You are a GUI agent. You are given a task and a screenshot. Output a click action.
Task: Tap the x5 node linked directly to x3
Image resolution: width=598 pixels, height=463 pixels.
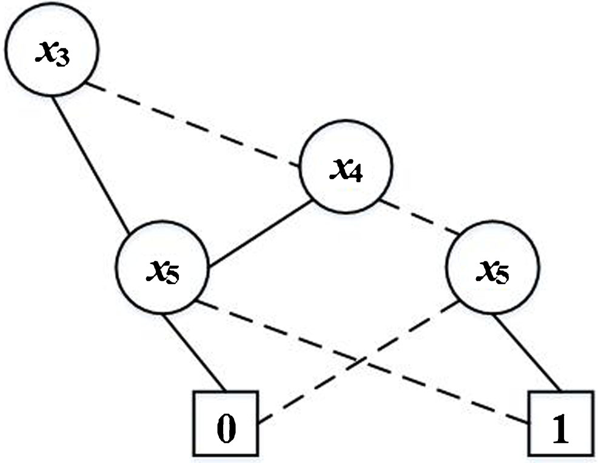[x=163, y=269]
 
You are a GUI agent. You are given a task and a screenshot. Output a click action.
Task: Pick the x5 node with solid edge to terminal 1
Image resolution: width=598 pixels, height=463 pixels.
[x=492, y=269]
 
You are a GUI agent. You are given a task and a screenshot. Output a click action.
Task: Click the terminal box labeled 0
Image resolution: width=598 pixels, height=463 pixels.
[x=225, y=424]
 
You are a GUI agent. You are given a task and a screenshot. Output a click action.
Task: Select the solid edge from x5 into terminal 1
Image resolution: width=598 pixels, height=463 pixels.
[x=526, y=352]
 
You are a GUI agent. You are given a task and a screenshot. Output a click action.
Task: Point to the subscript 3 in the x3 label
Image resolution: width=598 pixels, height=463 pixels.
[x=62, y=59]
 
